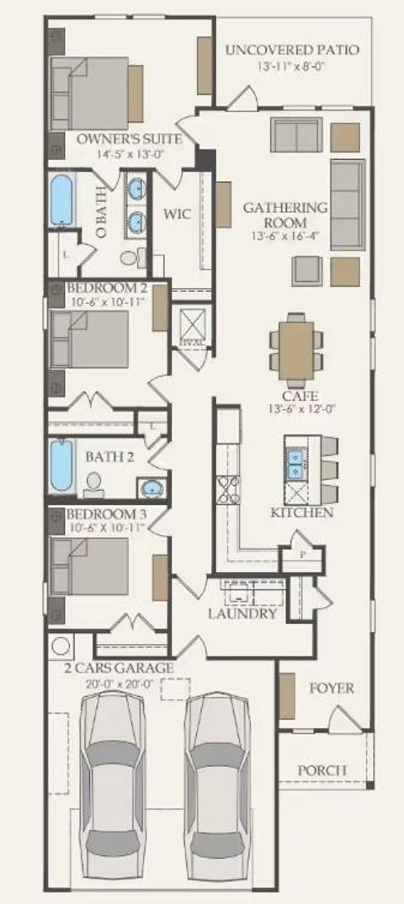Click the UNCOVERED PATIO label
[292, 51]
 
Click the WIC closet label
[177, 214]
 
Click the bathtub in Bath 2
[62, 465]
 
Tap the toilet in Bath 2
[94, 483]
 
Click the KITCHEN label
[301, 513]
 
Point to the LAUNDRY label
[242, 614]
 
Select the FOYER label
[332, 689]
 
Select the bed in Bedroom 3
[88, 568]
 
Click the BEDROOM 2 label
[107, 289]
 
